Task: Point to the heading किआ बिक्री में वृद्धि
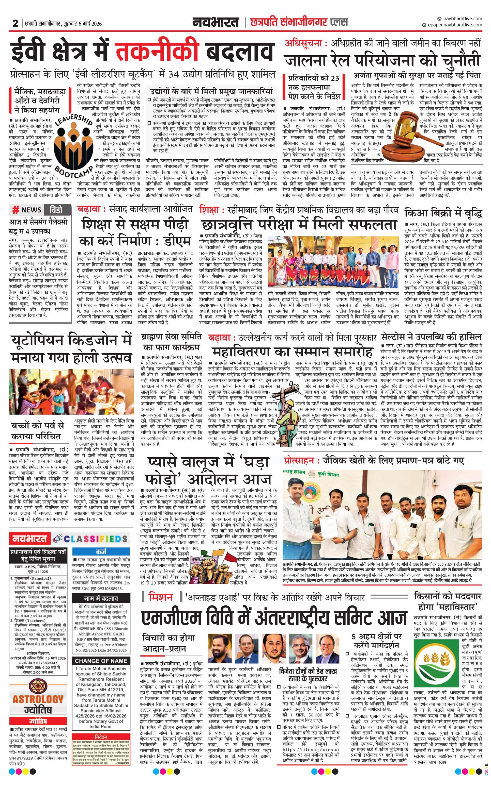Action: pos(443,213)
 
